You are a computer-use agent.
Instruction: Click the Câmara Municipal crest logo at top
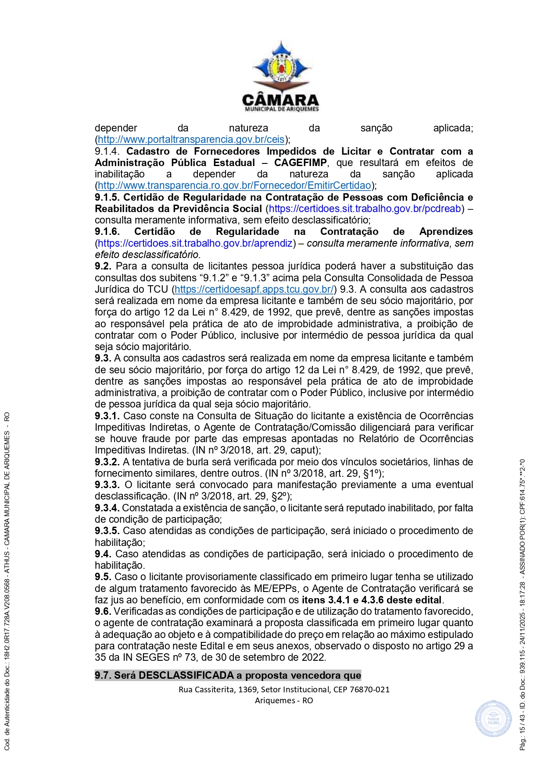(281, 66)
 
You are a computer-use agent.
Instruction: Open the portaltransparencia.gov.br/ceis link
(191, 140)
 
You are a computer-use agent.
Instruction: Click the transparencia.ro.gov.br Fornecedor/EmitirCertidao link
(234, 186)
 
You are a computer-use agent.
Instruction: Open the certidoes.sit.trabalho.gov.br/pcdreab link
(365, 209)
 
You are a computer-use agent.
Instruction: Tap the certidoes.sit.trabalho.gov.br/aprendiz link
(195, 243)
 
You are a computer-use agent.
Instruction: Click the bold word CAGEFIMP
(301, 163)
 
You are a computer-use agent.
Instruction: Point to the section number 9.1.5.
(107, 197)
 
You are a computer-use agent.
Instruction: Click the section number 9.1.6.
(107, 232)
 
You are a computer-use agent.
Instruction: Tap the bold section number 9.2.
(103, 266)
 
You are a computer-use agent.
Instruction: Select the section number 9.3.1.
(107, 416)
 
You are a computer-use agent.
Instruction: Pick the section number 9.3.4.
(107, 508)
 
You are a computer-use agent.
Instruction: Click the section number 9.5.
(103, 577)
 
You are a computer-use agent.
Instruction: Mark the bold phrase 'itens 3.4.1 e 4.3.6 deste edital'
(372, 600)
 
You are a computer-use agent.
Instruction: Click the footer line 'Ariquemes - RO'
(284, 700)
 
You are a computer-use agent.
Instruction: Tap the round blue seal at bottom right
(493, 718)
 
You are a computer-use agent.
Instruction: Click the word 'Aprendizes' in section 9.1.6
(446, 232)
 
